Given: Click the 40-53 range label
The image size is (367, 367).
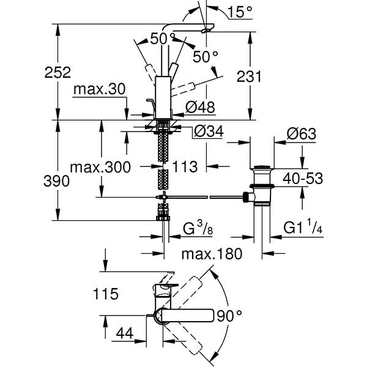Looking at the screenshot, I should pos(302,179).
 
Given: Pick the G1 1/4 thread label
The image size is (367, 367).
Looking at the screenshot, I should pos(303,229).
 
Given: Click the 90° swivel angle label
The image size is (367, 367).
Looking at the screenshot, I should pos(229,316).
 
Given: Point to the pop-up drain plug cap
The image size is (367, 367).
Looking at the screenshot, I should pos(262,167).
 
